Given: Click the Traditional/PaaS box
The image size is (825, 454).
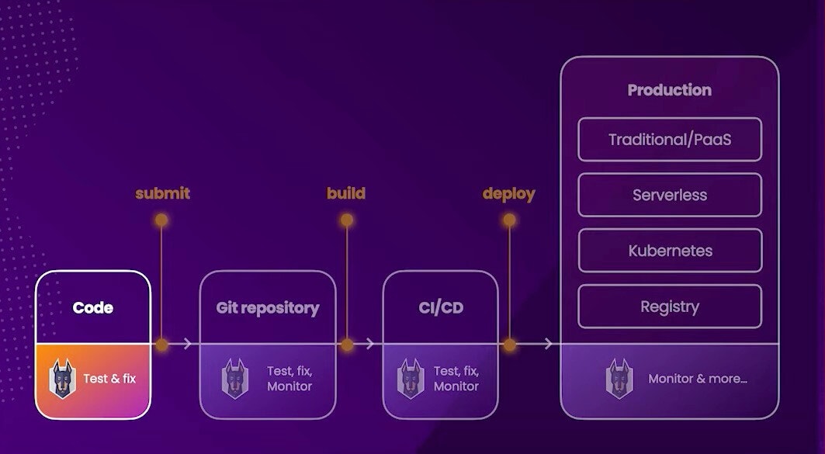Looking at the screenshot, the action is click(669, 140).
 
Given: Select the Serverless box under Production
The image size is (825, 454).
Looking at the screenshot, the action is click(669, 195).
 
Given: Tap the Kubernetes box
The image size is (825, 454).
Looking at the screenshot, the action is click(670, 251).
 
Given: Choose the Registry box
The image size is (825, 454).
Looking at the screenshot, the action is click(669, 307).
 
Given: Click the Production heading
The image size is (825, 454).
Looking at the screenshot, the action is click(669, 90).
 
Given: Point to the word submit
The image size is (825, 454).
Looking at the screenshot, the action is click(162, 193).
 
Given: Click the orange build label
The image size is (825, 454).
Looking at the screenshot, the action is click(345, 193).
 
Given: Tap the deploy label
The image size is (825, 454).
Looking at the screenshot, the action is click(509, 194).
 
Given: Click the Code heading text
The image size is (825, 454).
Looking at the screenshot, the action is click(92, 308).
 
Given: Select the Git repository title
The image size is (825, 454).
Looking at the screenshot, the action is click(267, 308).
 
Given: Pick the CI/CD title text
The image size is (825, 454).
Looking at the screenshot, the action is click(441, 308).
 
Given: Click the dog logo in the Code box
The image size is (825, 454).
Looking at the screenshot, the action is click(63, 379).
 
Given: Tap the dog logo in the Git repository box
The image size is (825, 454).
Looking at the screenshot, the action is click(234, 379).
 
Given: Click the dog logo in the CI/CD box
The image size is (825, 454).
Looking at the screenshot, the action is click(411, 379).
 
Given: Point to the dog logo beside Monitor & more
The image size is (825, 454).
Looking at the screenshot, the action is click(619, 379).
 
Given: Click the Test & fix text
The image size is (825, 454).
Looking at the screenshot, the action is click(109, 379).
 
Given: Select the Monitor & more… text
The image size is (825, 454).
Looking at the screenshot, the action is click(698, 379).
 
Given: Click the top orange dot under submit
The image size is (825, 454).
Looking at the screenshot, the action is click(161, 220).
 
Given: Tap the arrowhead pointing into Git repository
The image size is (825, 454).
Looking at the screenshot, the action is click(188, 344).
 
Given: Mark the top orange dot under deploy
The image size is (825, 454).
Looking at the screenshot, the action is click(509, 220).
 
